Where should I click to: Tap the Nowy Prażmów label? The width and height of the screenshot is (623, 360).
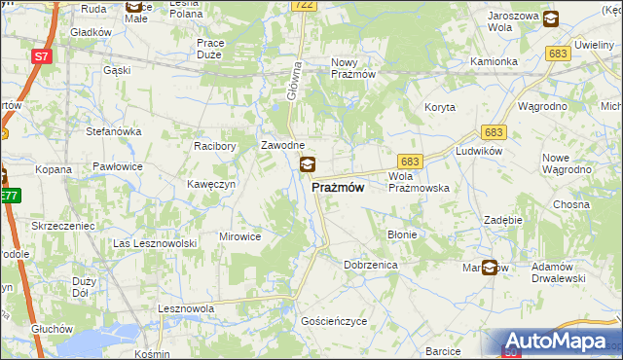click(353, 67)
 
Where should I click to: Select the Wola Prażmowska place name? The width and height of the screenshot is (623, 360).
click(418, 182)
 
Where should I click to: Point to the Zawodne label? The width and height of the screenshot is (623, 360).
click(283, 146)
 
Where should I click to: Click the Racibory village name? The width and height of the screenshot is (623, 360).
click(215, 146)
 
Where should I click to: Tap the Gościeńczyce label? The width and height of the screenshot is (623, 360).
click(334, 320)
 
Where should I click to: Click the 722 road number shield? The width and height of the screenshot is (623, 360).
click(303, 6)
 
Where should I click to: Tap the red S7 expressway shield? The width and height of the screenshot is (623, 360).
click(41, 57)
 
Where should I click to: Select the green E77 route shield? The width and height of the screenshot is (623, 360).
click(9, 197)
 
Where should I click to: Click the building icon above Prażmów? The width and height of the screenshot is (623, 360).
click(308, 164)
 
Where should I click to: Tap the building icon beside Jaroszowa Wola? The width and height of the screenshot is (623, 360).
click(551, 18)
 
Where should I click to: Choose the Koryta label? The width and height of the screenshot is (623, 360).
click(440, 107)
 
